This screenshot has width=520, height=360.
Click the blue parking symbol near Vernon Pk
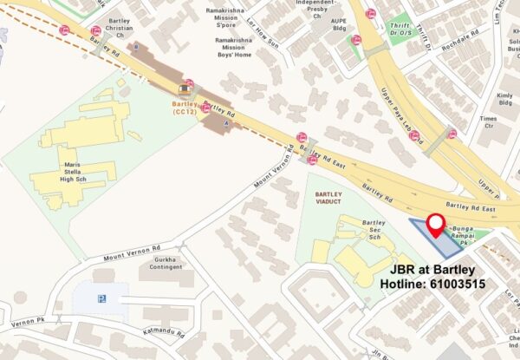[101, 300]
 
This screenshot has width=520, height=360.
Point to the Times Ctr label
[489, 121]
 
